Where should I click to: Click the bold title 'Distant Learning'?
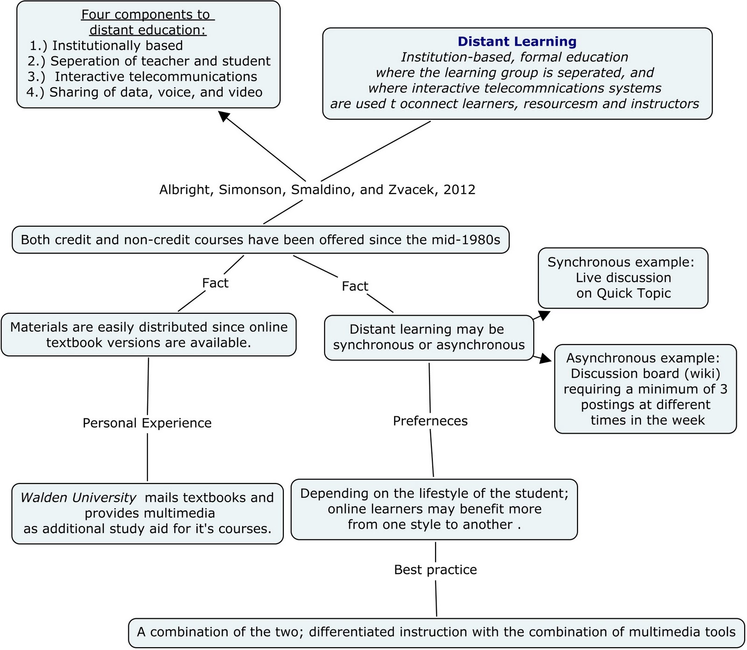517,41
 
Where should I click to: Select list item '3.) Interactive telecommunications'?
143,76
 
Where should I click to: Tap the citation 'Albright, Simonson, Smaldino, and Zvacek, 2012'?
317,190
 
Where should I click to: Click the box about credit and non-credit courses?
260,240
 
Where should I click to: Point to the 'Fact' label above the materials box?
215,283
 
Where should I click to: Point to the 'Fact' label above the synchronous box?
355,286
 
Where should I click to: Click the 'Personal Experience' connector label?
147,423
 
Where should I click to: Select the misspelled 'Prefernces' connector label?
430,421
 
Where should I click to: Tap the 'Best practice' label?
435,570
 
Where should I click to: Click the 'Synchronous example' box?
622,278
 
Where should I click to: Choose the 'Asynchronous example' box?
645,389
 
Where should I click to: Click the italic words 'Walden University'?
78,498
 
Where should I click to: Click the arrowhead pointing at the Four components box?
224,116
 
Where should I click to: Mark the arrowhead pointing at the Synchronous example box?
544,315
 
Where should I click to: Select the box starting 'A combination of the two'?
436,632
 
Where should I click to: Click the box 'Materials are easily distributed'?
148,335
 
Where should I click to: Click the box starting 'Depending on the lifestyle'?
434,509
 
